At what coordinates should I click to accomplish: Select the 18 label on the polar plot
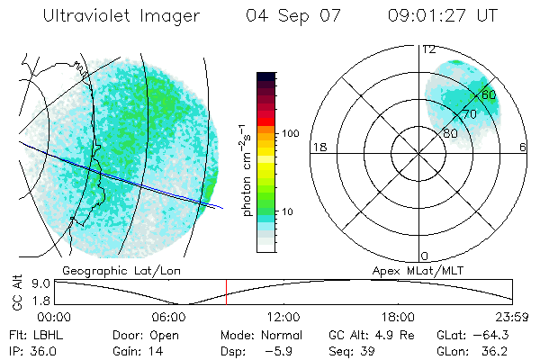click(318, 147)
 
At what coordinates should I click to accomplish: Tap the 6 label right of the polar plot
click(524, 147)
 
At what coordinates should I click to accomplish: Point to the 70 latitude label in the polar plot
click(469, 114)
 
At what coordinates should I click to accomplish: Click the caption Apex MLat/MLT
click(410, 269)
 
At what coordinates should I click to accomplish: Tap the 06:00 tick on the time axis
click(169, 317)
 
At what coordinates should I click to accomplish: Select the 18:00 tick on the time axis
click(399, 317)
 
